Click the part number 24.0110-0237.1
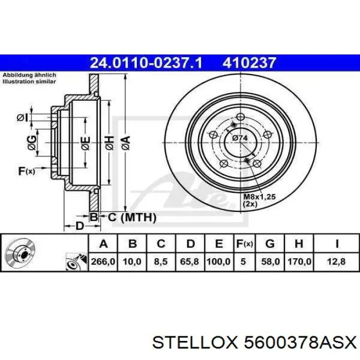146,63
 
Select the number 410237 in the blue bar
249,63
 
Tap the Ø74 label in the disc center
240,137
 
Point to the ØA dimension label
125,140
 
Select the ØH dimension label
109,140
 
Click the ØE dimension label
85,140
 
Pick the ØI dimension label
22,118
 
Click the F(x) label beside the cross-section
26,171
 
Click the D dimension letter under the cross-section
79,226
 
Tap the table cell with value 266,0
103,261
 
